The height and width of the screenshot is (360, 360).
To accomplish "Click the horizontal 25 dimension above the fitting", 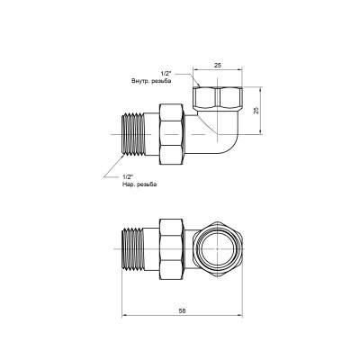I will pyautogui.click(x=220, y=65).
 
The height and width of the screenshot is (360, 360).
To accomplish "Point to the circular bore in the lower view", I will pyautogui.click(x=220, y=244).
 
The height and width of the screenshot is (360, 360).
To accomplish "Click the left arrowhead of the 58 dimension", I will pyautogui.click(x=123, y=314).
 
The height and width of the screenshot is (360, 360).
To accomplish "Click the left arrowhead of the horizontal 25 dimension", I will pyautogui.click(x=201, y=71).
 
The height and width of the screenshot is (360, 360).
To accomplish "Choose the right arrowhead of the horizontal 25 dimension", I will pyautogui.click(x=239, y=71).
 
